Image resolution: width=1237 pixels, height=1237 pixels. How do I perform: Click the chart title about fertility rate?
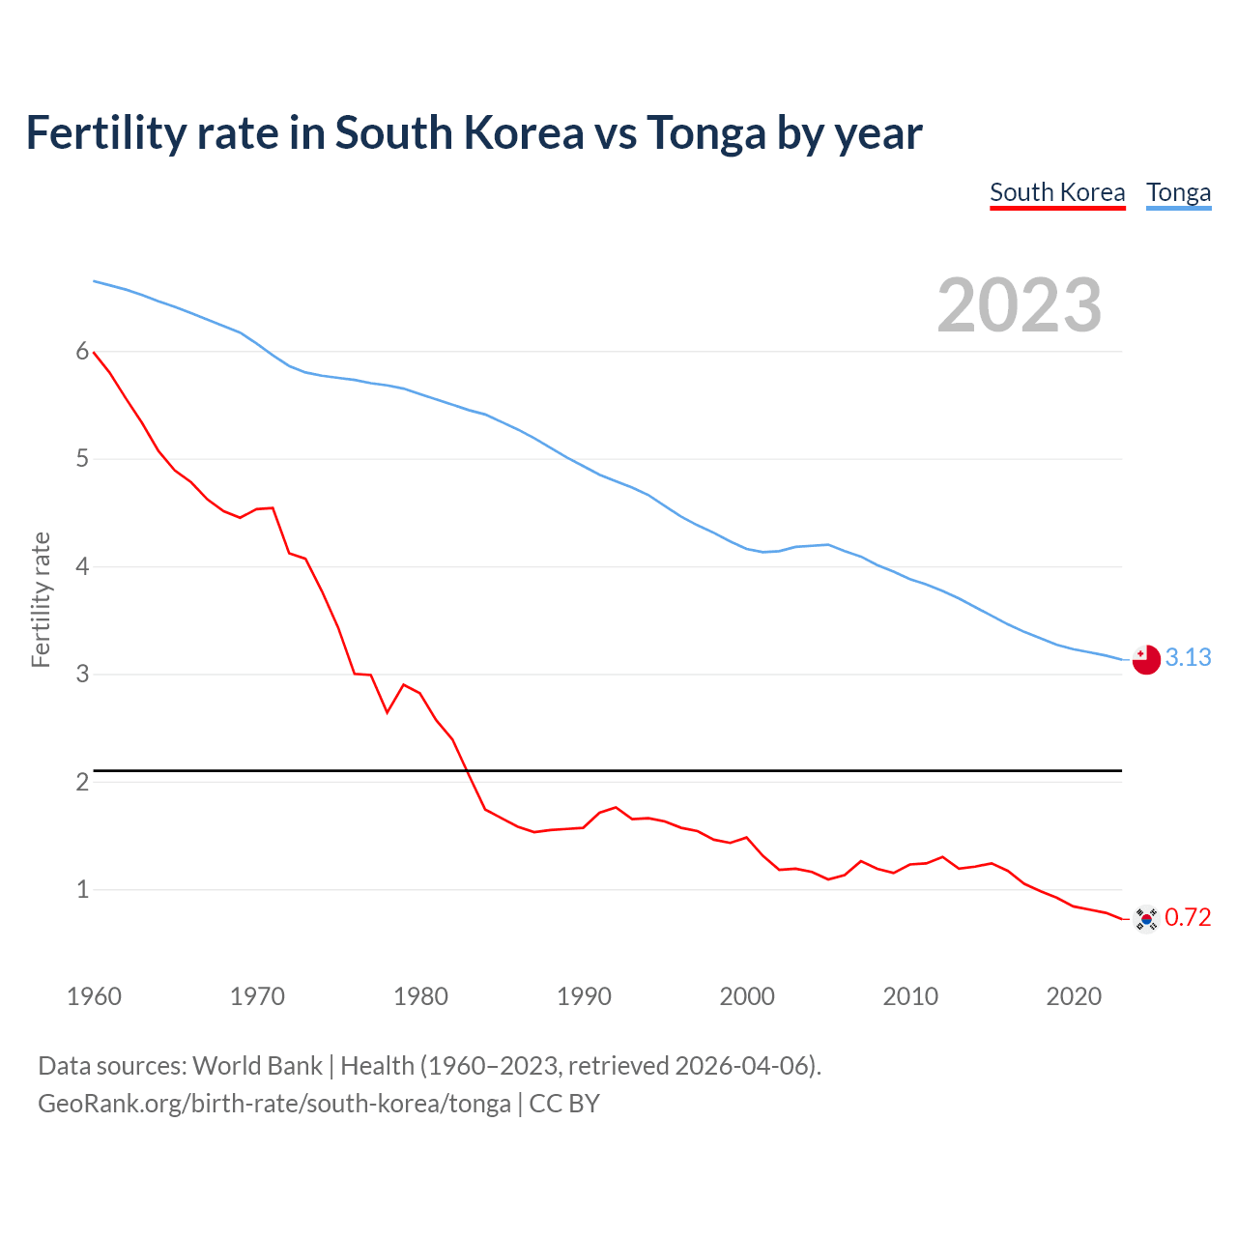click(x=474, y=133)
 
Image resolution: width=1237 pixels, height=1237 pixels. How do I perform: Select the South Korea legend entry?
click(x=1057, y=192)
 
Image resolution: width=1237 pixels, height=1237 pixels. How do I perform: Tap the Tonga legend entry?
click(x=1178, y=192)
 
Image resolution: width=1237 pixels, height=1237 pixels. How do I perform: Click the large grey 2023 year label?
click(x=1020, y=305)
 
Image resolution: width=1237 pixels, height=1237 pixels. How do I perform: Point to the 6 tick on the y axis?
click(x=82, y=352)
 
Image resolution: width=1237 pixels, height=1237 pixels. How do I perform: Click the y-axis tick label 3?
click(x=82, y=674)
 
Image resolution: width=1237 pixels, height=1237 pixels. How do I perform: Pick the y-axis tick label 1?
click(x=82, y=889)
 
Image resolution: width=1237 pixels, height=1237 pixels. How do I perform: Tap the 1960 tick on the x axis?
click(x=94, y=996)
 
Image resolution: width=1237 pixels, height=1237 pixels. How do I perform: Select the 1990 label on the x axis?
click(x=584, y=996)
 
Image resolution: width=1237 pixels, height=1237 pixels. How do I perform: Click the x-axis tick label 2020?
click(x=1074, y=996)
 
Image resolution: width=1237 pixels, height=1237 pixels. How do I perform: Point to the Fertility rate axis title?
click(x=41, y=599)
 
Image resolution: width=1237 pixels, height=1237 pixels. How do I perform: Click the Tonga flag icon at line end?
click(x=1145, y=660)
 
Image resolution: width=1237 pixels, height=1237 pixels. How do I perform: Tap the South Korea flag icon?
click(x=1145, y=918)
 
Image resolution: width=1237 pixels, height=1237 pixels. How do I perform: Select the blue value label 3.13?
click(x=1188, y=658)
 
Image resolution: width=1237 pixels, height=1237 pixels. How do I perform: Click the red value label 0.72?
click(x=1188, y=917)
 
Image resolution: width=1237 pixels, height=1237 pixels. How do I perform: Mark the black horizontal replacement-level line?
click(x=609, y=771)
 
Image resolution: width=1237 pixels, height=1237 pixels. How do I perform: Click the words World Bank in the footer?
click(x=257, y=1066)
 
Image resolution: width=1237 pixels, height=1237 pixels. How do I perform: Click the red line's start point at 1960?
click(x=94, y=353)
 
